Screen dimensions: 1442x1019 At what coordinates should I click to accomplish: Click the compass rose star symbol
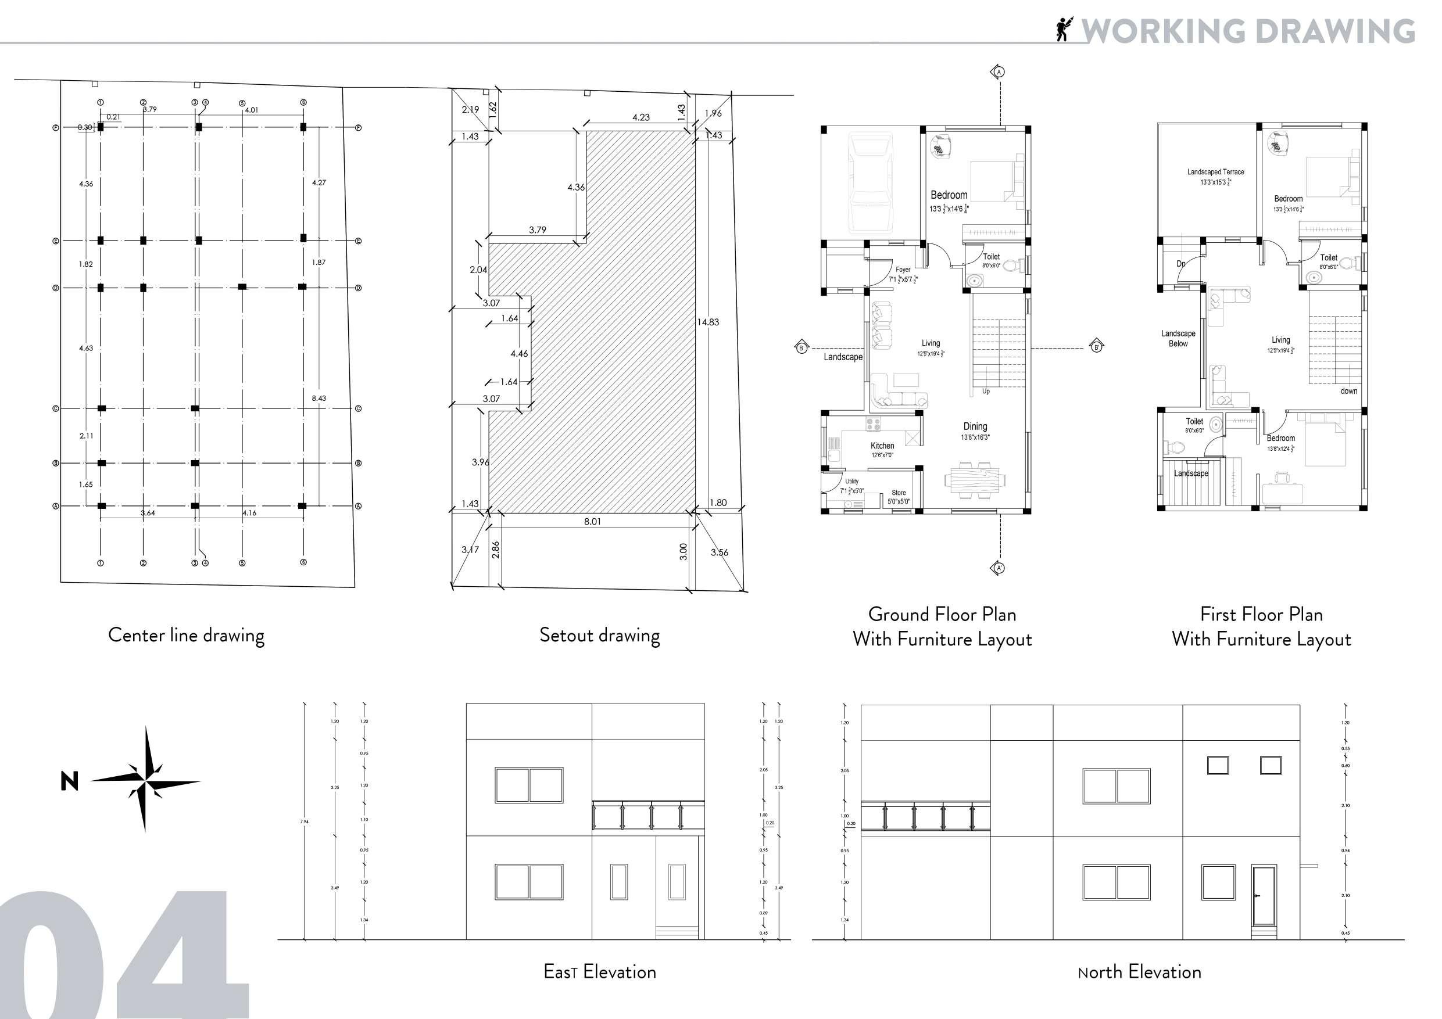coord(145,781)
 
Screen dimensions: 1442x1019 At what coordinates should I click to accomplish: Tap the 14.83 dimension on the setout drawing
coord(708,322)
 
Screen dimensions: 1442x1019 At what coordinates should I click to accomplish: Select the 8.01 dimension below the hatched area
coord(592,521)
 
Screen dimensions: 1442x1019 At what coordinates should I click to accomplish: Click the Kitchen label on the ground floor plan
coord(882,446)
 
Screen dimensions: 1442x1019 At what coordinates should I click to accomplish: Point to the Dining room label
coord(975,427)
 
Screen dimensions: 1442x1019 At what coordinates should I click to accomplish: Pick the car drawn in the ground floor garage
coord(871,184)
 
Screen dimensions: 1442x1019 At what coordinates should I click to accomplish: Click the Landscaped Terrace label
coord(1215,172)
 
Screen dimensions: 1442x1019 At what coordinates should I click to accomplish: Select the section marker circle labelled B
coord(801,348)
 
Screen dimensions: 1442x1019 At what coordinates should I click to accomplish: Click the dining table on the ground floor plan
coord(974,481)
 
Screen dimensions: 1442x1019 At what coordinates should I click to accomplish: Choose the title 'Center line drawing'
coord(186,636)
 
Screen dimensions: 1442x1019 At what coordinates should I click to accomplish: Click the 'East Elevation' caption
coord(600,972)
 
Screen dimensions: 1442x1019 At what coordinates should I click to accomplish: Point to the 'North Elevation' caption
coord(1139,972)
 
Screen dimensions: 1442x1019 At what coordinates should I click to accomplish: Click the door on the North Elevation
coord(1263,896)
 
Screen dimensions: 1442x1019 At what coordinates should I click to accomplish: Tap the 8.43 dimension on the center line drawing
coord(319,398)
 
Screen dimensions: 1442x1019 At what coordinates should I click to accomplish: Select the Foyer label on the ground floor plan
coord(903,270)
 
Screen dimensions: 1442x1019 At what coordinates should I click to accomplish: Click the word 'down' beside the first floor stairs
coord(1349,391)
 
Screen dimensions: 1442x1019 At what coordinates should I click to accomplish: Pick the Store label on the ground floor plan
coord(899,493)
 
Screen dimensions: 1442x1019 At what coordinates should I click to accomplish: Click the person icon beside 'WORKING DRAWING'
coord(1063,29)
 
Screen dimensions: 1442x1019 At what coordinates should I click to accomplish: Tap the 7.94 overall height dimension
coord(305,821)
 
